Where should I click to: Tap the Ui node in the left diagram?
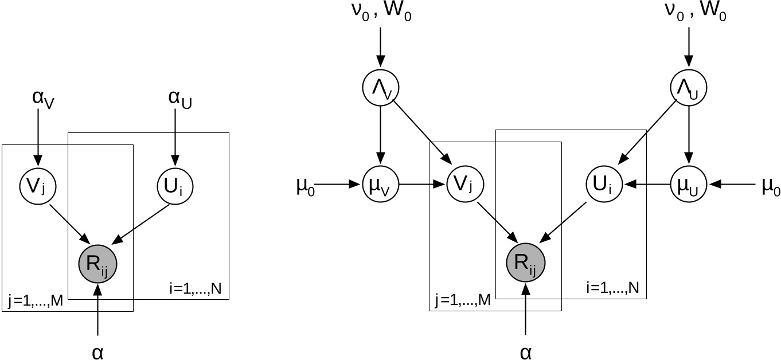(x=175, y=185)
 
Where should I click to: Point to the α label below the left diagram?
(x=98, y=351)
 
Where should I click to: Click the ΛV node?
(x=381, y=87)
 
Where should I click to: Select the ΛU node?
(x=688, y=87)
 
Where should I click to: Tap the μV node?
(x=381, y=185)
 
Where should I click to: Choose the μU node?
(x=688, y=185)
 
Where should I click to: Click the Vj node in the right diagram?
(x=465, y=185)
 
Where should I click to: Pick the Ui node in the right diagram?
(x=604, y=185)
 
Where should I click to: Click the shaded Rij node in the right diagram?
(x=525, y=263)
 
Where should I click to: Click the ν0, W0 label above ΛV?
(x=381, y=13)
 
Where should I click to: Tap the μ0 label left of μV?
(x=305, y=186)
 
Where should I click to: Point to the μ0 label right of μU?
(x=770, y=186)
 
